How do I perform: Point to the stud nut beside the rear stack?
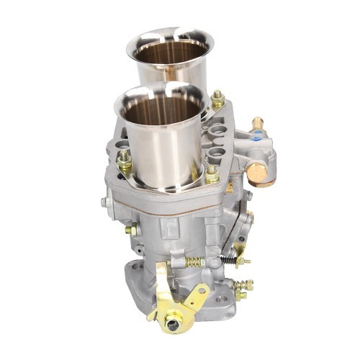click(x=217, y=98)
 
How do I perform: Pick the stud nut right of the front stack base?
click(x=212, y=173)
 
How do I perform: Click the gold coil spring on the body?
click(x=195, y=261)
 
